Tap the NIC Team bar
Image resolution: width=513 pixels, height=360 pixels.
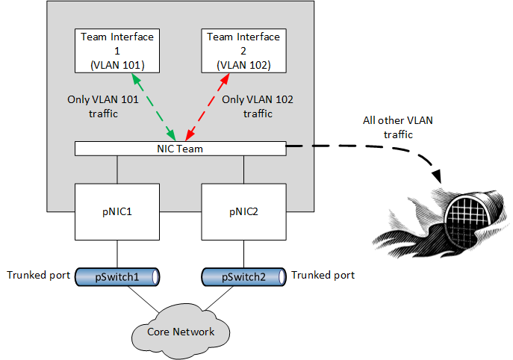coord(180,149)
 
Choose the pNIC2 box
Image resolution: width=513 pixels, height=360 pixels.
coord(243,212)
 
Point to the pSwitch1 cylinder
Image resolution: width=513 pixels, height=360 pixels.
coord(118,276)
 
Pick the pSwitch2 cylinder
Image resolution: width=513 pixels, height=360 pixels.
coord(243,276)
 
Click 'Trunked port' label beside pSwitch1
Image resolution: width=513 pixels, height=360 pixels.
coord(39,275)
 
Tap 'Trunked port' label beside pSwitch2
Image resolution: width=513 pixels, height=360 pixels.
coord(323,275)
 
